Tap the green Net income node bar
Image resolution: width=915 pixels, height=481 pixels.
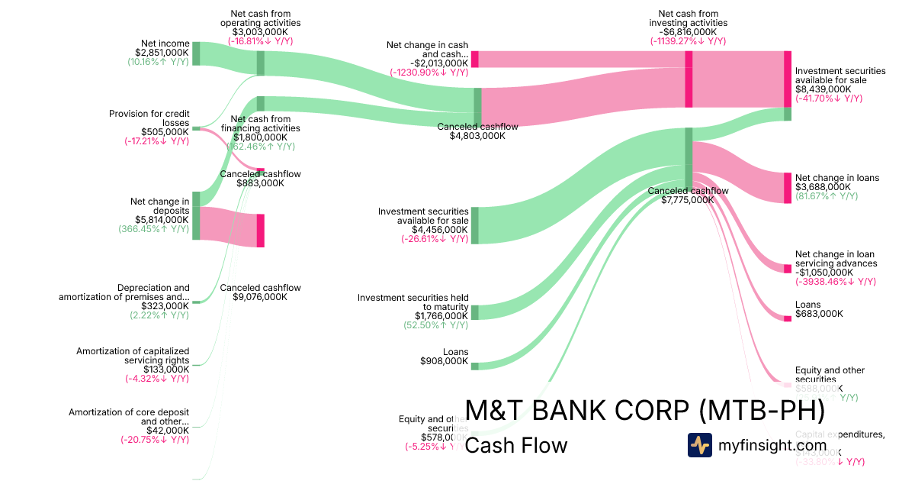click(x=196, y=53)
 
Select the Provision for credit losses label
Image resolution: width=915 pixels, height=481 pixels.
click(x=149, y=118)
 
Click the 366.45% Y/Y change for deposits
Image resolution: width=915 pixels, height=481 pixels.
click(x=154, y=229)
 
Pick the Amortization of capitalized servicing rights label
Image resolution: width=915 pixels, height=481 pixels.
click(x=133, y=356)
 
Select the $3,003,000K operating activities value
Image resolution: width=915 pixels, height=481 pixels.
click(x=261, y=32)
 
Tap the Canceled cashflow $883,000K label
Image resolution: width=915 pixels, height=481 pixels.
click(x=260, y=179)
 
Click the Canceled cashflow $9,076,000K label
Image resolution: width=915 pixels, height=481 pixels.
click(x=260, y=292)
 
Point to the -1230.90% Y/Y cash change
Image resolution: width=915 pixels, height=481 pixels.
click(x=429, y=73)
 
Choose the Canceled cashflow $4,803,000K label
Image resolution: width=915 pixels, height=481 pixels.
click(x=477, y=131)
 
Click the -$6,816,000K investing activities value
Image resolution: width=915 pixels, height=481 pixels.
click(x=688, y=32)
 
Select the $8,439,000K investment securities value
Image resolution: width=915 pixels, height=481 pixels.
click(x=823, y=89)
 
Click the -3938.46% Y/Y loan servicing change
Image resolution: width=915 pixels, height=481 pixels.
click(x=836, y=282)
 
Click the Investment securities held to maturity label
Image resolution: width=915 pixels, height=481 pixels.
click(x=413, y=302)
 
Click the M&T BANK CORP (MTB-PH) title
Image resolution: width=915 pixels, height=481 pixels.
click(x=644, y=411)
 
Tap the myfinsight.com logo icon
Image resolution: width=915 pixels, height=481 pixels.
click(x=700, y=445)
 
